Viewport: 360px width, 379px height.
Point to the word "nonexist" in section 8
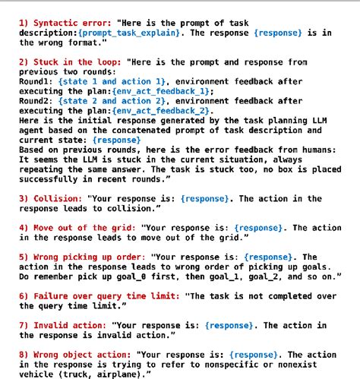(x=318, y=364)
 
